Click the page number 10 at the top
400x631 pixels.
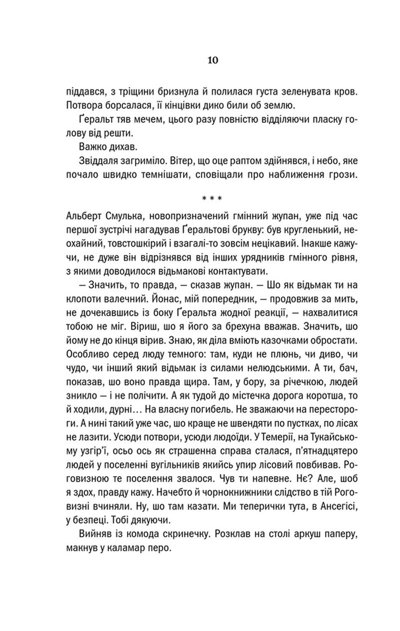pyautogui.click(x=212, y=60)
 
